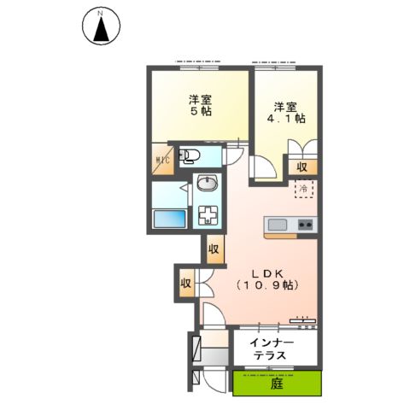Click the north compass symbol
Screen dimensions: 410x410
[x=101, y=26]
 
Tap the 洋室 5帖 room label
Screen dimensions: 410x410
[x=202, y=105]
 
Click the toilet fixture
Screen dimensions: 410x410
[x=190, y=155]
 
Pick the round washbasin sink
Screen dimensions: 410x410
[x=207, y=184]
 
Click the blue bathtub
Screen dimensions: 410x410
[x=169, y=219]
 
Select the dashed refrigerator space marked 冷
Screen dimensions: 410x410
[x=303, y=188]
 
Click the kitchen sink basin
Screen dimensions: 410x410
[x=278, y=225]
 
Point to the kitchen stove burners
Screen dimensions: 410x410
[x=304, y=225]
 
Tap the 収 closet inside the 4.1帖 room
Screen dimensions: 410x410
[x=302, y=167]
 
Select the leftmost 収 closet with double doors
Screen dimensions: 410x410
[x=185, y=283]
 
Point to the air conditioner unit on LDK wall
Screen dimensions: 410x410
[x=302, y=321]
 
